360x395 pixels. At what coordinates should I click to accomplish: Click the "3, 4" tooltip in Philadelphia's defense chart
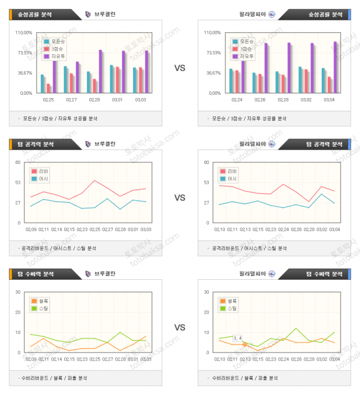click(238, 338)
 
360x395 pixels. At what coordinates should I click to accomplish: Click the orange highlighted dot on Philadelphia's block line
click(244, 345)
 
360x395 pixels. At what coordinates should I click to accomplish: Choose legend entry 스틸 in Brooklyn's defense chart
click(43, 308)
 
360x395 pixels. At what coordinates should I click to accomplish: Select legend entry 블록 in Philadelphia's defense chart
click(232, 301)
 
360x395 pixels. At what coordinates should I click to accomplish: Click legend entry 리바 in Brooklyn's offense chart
click(43, 171)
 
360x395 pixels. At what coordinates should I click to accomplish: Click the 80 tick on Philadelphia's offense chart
click(206, 162)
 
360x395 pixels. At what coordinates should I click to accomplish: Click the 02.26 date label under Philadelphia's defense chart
click(296, 359)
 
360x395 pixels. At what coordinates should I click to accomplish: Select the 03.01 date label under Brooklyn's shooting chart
click(118, 100)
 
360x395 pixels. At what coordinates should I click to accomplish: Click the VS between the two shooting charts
click(180, 68)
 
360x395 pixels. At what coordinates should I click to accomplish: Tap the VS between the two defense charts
click(180, 327)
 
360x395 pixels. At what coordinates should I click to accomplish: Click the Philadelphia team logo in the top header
click(271, 14)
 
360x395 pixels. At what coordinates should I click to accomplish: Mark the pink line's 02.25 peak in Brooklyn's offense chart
click(95, 181)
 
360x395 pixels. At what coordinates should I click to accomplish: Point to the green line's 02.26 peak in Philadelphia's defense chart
click(296, 328)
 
